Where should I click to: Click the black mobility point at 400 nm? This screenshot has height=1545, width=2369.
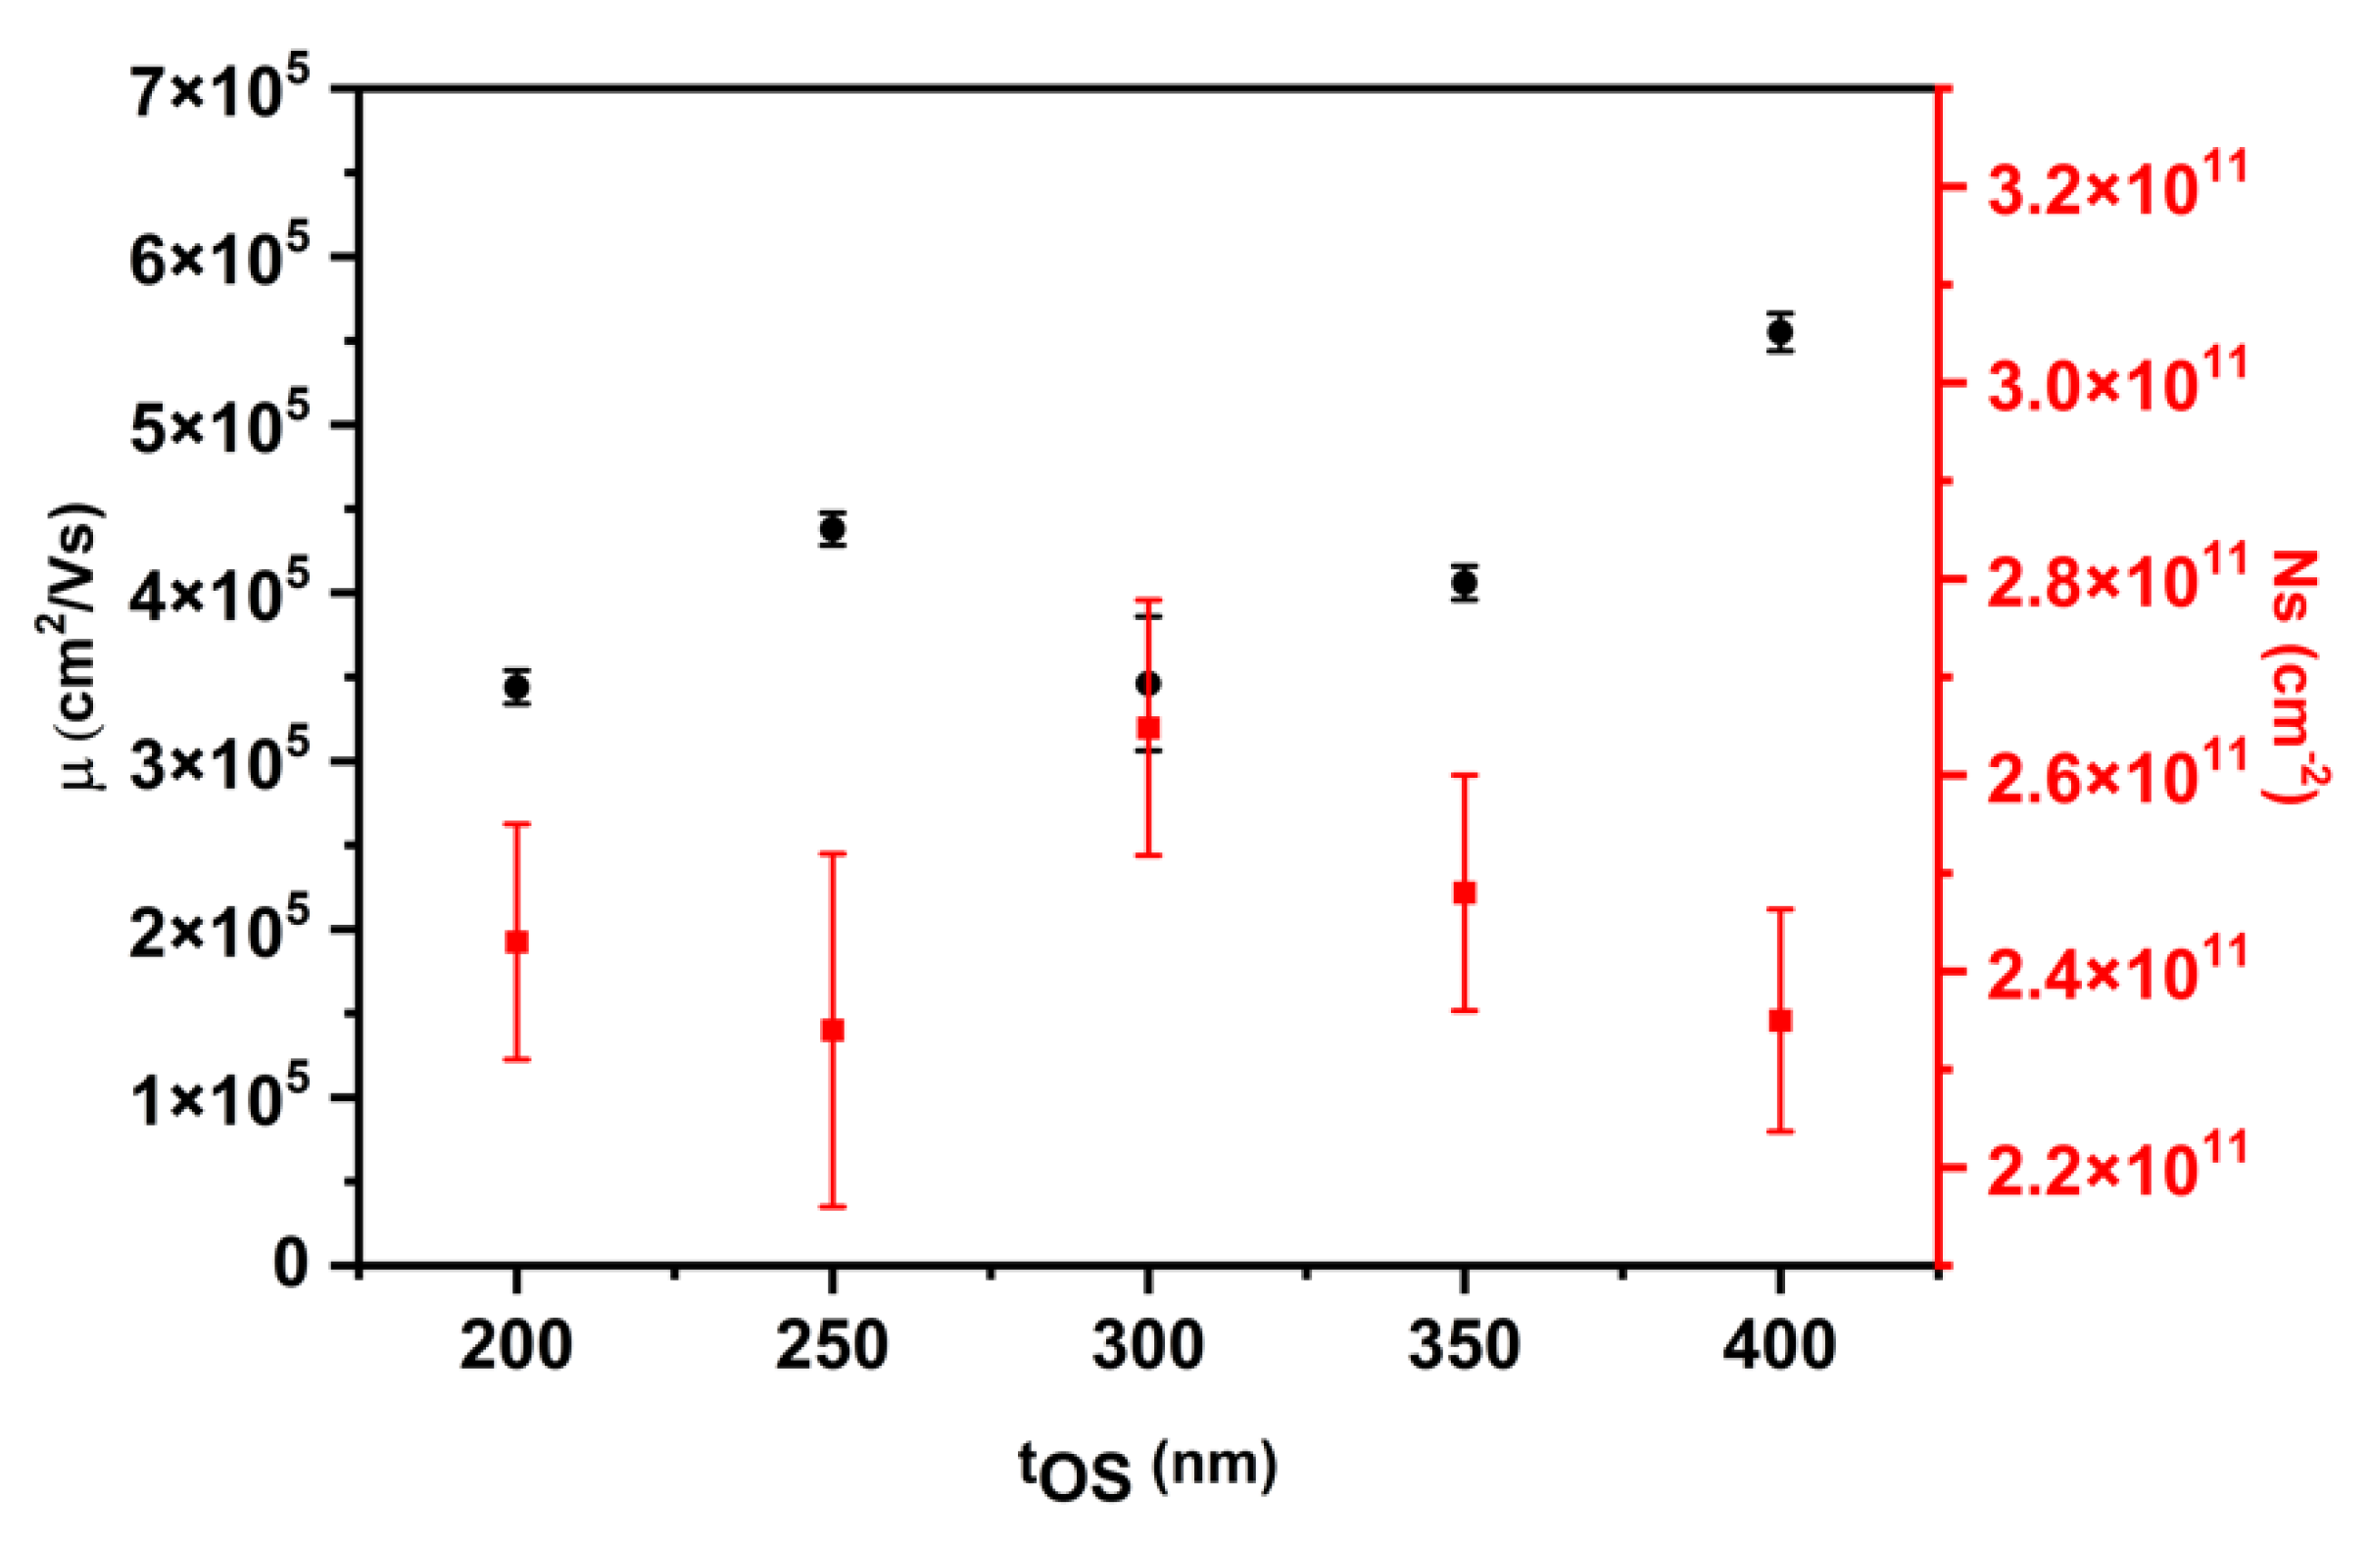coord(1780,331)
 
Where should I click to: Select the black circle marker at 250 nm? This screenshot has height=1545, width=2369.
coord(833,529)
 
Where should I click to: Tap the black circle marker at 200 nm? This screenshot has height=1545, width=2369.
coord(516,687)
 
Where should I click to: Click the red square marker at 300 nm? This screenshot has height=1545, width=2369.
coord(1147,728)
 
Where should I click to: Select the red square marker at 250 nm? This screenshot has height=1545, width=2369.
coord(832,1031)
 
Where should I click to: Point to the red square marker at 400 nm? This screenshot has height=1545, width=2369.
coord(1780,1021)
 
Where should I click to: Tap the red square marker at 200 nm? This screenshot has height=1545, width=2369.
coord(516,941)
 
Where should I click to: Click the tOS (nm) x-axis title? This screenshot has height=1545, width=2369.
coord(1145,1470)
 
